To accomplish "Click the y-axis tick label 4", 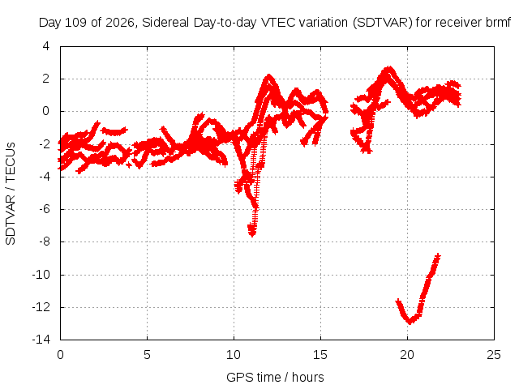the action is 45,46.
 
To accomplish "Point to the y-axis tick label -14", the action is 41,340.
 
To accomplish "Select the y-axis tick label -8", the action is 44,242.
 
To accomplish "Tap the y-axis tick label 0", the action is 45,111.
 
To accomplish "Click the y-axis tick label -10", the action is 41,274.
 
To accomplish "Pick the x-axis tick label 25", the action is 494,355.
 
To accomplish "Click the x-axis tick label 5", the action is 147,355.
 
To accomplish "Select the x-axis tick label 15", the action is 320,355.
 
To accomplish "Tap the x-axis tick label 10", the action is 234,355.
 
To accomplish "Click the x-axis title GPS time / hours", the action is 275,377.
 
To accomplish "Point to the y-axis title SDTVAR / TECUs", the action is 11,194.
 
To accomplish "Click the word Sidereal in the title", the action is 165,23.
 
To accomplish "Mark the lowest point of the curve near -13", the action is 410,323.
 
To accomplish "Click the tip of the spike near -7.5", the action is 252,235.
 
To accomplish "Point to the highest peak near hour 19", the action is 388,69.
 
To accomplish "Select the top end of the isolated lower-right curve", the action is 438,255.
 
